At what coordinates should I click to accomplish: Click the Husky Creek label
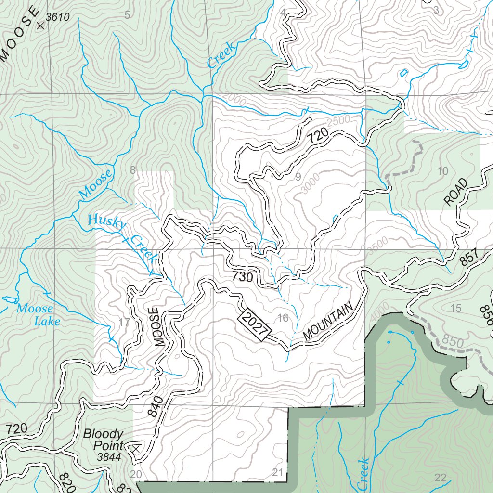click(x=123, y=238)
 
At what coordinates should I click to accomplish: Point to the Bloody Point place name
click(x=103, y=440)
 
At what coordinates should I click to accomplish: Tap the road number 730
click(x=242, y=277)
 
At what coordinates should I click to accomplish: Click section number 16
click(x=283, y=318)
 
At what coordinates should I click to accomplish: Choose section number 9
click(x=298, y=177)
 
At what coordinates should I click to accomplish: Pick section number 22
click(x=440, y=478)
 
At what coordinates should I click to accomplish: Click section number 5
click(x=127, y=15)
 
